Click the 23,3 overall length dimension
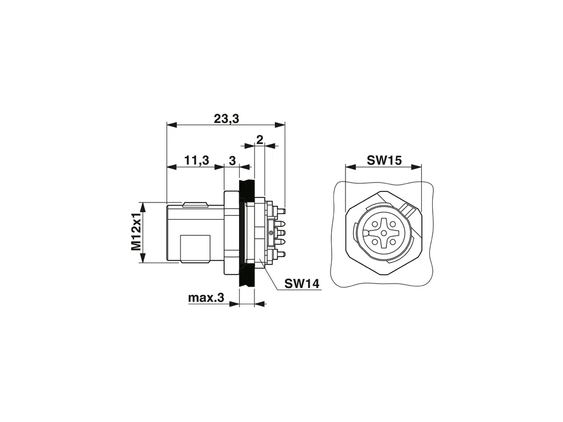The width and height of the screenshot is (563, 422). (x=226, y=119)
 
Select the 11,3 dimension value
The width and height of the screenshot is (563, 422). (x=196, y=160)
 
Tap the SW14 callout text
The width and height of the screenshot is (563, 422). (x=302, y=284)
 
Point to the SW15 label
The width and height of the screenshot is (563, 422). (x=384, y=160)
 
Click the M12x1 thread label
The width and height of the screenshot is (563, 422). (x=136, y=233)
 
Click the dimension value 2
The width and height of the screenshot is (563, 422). (x=259, y=139)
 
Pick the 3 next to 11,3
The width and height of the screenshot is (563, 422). (x=232, y=161)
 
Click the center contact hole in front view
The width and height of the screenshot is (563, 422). (x=384, y=233)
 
